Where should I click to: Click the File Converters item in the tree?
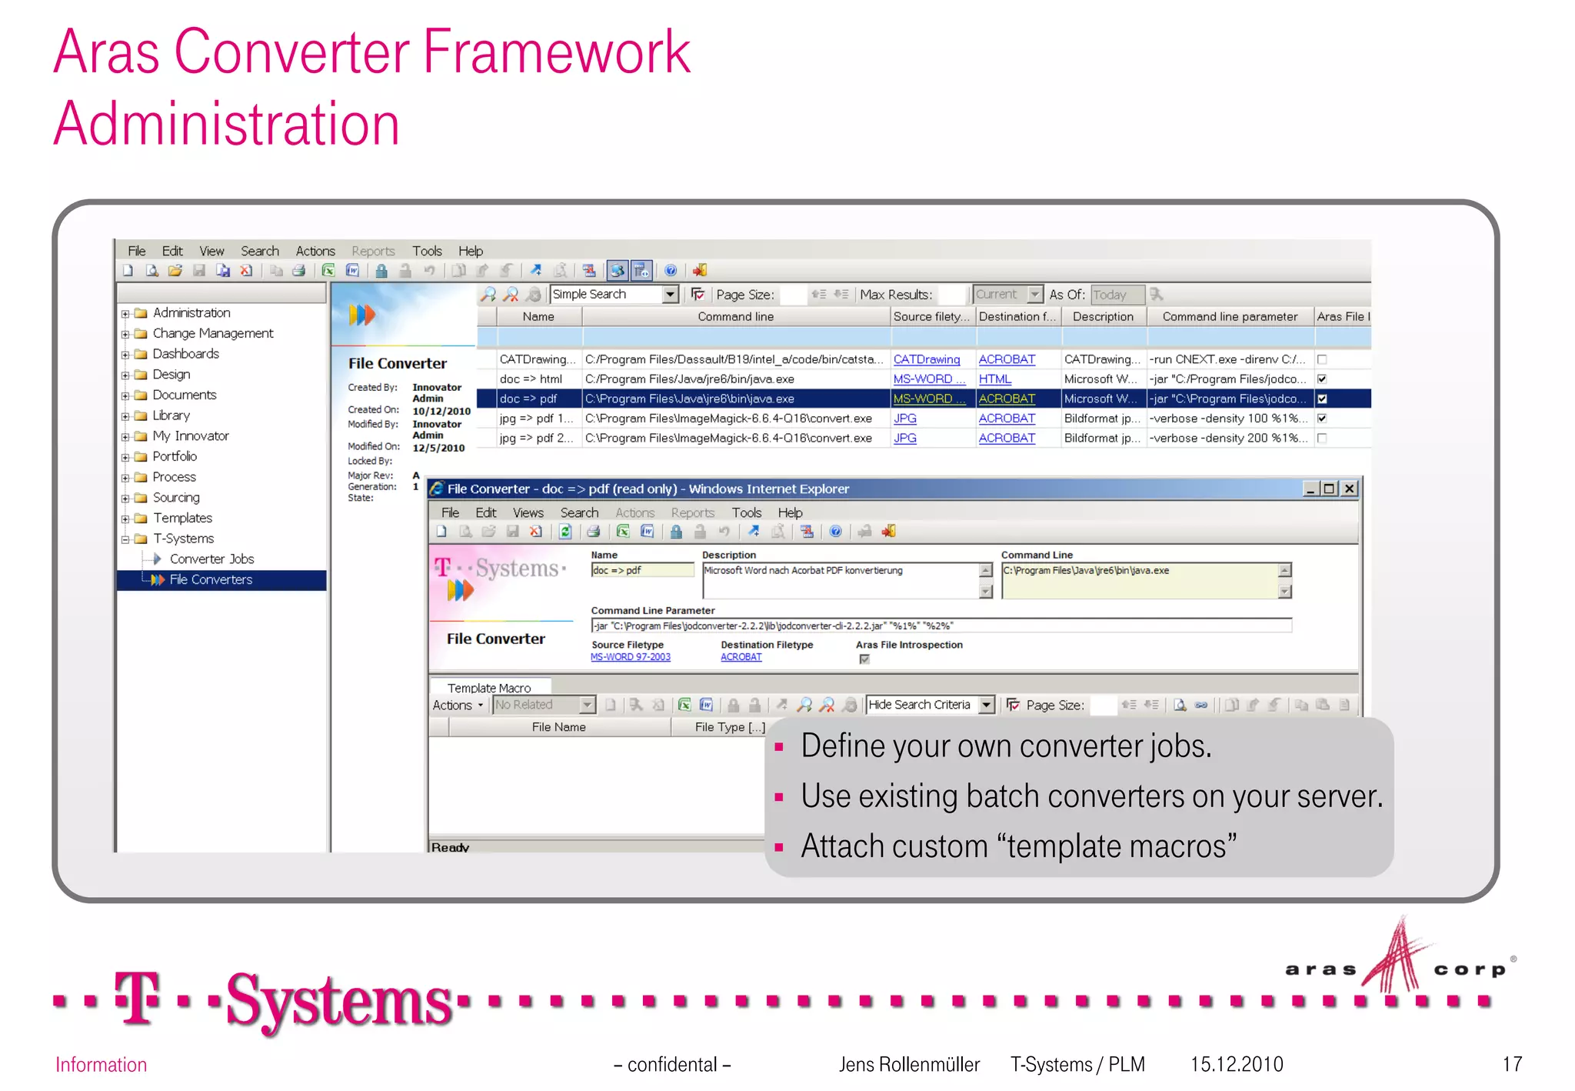pyautogui.click(x=211, y=579)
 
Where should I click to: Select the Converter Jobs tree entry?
pyautogui.click(x=211, y=559)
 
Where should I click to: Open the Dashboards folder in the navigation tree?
pyautogui.click(x=185, y=354)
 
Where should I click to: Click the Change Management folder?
pyautogui.click(x=212, y=333)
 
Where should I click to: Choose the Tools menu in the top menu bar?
pyautogui.click(x=427, y=251)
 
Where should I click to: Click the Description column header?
pyautogui.click(x=1103, y=316)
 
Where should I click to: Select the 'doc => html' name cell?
pyautogui.click(x=531, y=379)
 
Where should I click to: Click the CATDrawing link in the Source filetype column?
pyautogui.click(x=926, y=359)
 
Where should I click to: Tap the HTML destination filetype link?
pyautogui.click(x=994, y=379)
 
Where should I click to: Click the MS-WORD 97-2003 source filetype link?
pyautogui.click(x=631, y=657)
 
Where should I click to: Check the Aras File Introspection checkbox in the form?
pyautogui.click(x=864, y=659)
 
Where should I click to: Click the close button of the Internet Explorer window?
pyautogui.click(x=1349, y=489)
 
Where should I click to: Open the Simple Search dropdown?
pyautogui.click(x=671, y=295)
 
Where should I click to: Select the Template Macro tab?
pyautogui.click(x=489, y=688)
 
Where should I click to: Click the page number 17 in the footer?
pyautogui.click(x=1512, y=1064)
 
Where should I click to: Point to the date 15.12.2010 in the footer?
pyautogui.click(x=1237, y=1064)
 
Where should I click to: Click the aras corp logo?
pyautogui.click(x=1398, y=962)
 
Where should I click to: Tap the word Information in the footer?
pyautogui.click(x=101, y=1065)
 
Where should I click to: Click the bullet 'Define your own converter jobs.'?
pyautogui.click(x=1006, y=746)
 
